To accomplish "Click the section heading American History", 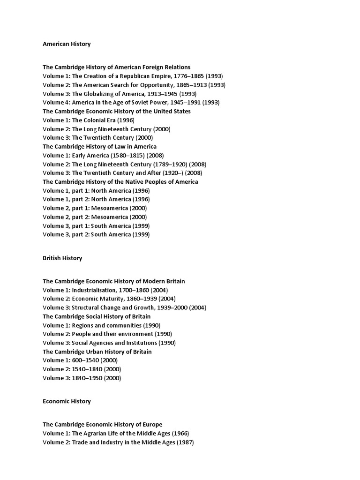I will tap(67, 44).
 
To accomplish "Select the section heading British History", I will tap(62, 258).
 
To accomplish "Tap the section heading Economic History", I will tap(67, 401).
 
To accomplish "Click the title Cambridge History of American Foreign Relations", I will tap(116, 67).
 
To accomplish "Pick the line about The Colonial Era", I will tap(89, 120).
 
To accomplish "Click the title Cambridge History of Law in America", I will tap(99, 147).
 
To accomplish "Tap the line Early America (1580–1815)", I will tap(103, 156).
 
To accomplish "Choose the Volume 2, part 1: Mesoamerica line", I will tap(94, 208).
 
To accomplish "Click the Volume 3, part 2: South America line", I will tap(96, 234).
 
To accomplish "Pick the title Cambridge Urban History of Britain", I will tap(97, 352).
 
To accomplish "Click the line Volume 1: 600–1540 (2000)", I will tap(80, 360).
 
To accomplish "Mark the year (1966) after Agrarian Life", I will tap(180, 434).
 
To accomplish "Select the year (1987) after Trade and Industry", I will tap(185, 442).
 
